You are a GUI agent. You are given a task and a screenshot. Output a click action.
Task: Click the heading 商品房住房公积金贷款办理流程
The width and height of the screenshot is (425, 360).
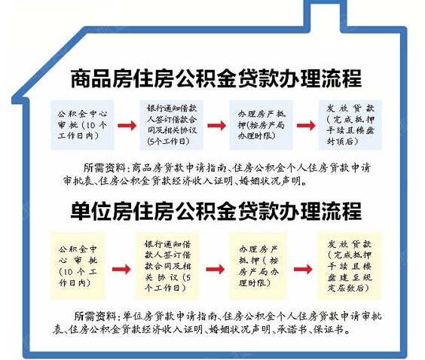click(216, 78)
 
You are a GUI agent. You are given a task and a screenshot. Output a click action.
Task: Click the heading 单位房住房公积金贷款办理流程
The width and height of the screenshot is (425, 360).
click(216, 211)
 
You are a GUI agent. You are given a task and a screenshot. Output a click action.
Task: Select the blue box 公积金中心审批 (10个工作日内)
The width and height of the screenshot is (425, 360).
click(82, 125)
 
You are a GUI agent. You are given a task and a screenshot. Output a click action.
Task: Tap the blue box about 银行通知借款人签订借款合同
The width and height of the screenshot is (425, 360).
click(172, 125)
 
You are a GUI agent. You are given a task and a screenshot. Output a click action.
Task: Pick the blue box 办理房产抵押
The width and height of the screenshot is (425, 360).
click(261, 125)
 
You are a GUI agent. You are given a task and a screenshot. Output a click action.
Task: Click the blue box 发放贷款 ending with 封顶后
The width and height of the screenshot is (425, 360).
click(350, 125)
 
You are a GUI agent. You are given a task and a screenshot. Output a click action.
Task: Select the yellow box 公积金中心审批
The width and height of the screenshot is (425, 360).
click(78, 266)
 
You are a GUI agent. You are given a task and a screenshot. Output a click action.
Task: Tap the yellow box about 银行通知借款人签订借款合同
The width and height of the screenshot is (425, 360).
click(167, 266)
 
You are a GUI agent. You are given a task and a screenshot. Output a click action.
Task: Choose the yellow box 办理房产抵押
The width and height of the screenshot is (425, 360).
click(258, 266)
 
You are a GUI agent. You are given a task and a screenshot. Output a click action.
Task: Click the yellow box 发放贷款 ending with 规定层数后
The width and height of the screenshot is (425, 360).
click(350, 266)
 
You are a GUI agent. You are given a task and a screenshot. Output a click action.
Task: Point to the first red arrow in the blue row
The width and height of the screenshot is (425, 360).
click(127, 126)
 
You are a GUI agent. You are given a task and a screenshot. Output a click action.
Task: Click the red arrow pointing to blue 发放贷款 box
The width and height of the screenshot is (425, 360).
click(306, 126)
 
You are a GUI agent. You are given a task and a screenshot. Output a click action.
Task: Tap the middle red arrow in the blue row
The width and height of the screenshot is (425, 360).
click(217, 126)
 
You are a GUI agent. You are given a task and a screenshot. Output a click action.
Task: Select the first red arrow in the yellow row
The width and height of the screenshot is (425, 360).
click(121, 270)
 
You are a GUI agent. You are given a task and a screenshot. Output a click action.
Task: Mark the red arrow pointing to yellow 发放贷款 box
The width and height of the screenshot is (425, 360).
click(303, 270)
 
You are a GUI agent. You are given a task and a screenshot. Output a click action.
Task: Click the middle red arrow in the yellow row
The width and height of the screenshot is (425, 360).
click(216, 270)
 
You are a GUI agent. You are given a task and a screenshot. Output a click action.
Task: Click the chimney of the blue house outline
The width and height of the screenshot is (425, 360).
click(325, 14)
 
